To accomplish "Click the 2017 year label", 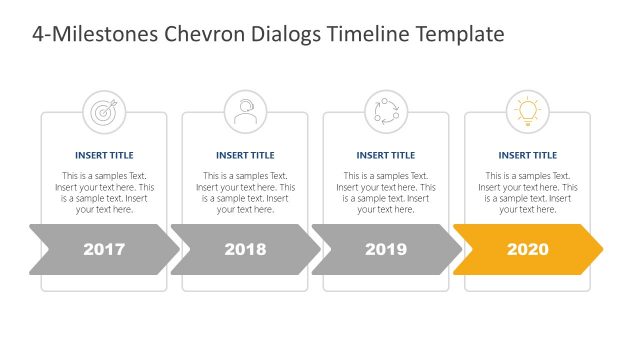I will click(104, 249).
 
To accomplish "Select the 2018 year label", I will click(245, 249).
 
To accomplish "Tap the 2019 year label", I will click(386, 249).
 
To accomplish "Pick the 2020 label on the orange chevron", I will click(528, 249).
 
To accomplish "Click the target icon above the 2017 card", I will click(104, 111).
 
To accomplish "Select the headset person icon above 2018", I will click(245, 111).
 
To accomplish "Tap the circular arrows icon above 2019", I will click(386, 111).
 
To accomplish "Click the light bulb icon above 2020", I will click(527, 111).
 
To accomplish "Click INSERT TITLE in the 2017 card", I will click(104, 155).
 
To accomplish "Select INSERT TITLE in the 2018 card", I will click(245, 155).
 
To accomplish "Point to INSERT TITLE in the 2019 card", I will click(386, 155).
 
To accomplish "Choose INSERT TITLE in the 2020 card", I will click(527, 155).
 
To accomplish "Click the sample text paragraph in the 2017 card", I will click(104, 192).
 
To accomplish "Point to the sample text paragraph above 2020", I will click(527, 192).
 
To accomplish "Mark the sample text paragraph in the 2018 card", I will click(245, 192).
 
